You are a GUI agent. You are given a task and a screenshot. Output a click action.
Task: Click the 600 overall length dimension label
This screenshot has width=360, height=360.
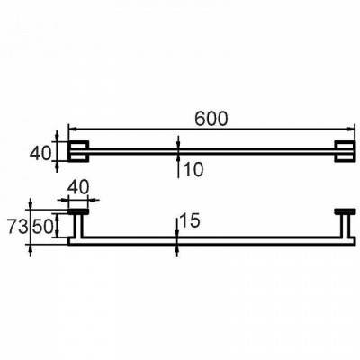(211, 119)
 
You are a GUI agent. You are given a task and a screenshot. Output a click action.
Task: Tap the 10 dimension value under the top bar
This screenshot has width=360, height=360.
(193, 170)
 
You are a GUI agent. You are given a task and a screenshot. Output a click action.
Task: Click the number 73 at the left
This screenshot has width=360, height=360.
(18, 228)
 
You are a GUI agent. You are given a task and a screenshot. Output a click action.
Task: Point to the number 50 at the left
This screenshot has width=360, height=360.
(42, 228)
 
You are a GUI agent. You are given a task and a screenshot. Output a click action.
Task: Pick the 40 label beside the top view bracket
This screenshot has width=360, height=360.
(40, 154)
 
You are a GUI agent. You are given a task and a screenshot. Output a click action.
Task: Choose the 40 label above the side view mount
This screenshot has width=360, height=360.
(78, 188)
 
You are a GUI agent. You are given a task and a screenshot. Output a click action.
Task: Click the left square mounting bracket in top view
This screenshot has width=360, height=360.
(78, 151)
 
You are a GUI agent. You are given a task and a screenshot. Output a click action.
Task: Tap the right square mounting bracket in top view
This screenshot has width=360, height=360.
(345, 151)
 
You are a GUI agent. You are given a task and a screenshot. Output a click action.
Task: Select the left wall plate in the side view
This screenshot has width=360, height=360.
(78, 211)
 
